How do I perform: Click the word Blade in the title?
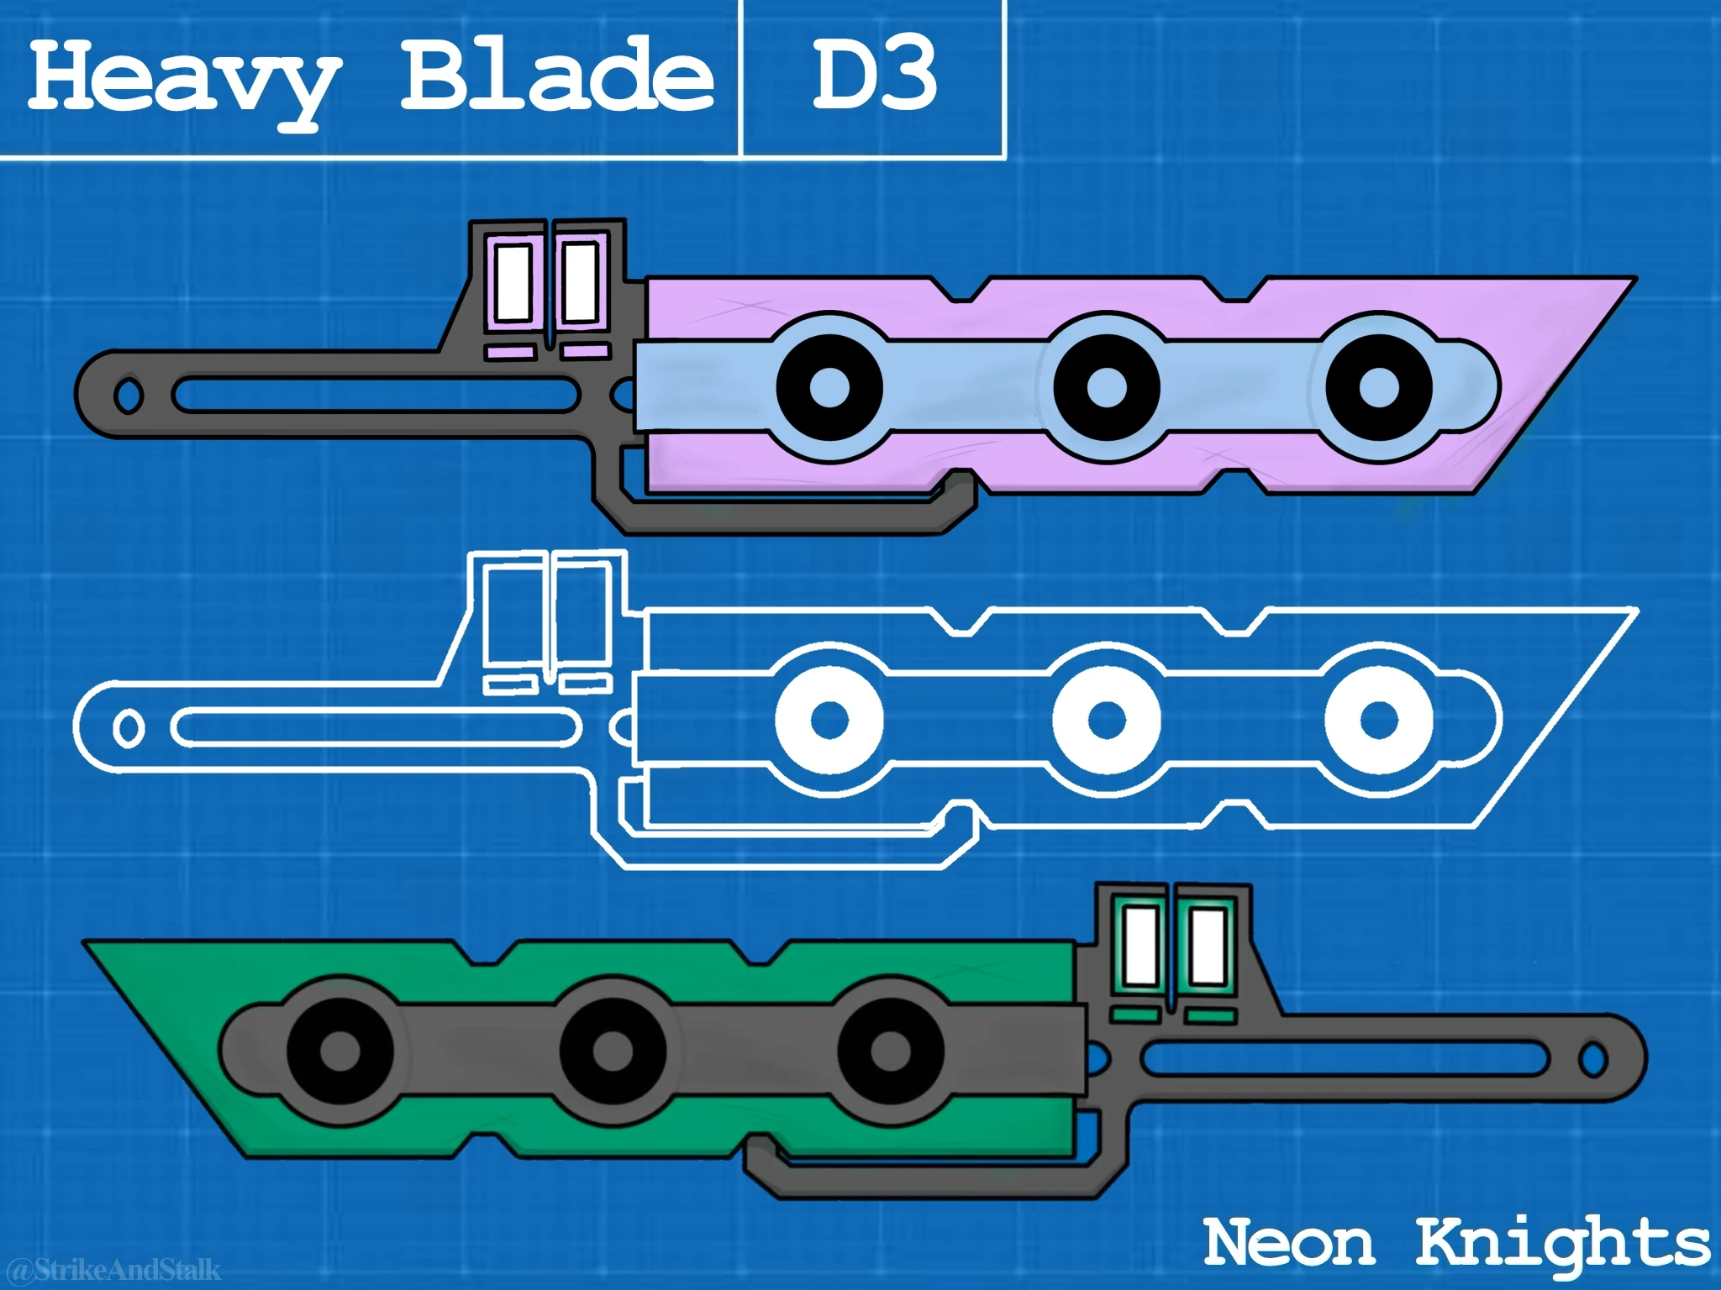(556, 76)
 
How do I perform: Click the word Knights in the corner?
(1563, 1245)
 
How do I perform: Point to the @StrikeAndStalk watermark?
(113, 1268)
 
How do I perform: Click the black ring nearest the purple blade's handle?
(829, 388)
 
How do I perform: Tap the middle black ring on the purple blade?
(1106, 388)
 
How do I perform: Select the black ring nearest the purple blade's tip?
(1379, 388)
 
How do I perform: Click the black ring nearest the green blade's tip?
(339, 1051)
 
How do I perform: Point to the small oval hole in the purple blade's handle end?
(128, 396)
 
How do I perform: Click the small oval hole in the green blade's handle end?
(1592, 1060)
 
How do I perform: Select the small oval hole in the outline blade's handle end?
(128, 728)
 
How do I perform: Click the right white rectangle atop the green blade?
(1208, 947)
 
